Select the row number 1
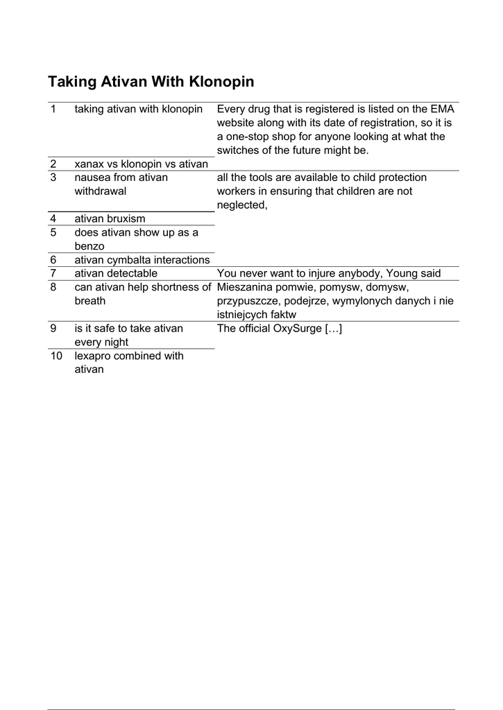(53, 109)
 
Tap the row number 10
(56, 356)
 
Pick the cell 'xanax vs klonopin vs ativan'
(142, 164)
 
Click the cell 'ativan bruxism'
(110, 218)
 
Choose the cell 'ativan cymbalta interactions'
(142, 259)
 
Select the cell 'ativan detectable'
(116, 273)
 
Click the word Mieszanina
(246, 287)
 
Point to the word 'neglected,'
(242, 205)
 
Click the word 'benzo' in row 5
(89, 245)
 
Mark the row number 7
(53, 273)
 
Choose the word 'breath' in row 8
(90, 301)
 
